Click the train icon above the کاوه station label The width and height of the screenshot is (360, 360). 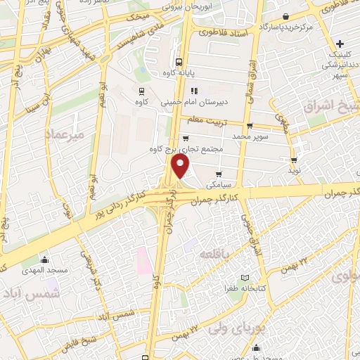point(142,91)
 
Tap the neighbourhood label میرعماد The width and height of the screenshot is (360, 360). point(64,133)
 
